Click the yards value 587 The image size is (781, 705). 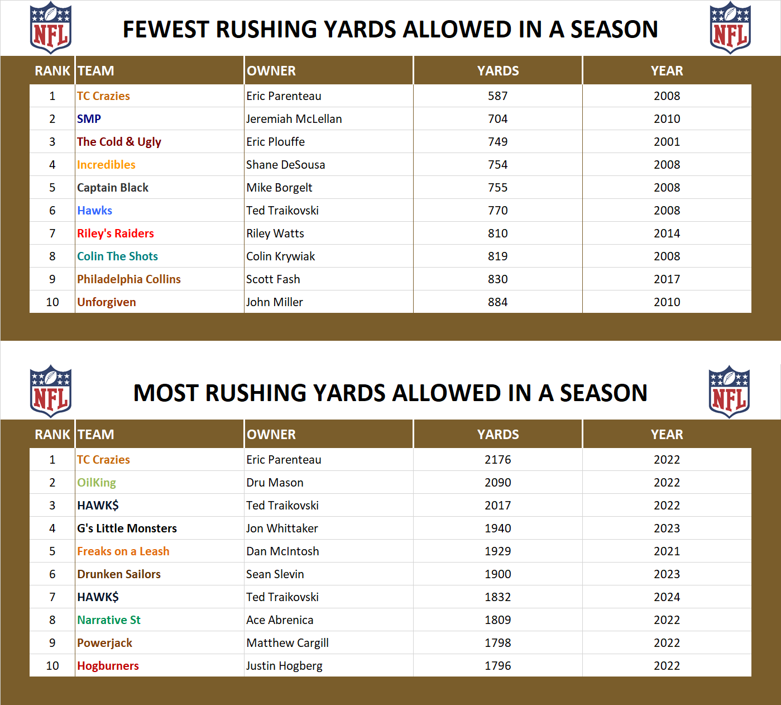497,96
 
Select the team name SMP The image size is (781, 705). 89,119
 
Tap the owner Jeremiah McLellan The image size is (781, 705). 294,119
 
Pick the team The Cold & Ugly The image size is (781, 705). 119,142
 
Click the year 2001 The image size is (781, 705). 667,142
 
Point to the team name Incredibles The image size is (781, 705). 106,165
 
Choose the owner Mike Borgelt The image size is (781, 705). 279,188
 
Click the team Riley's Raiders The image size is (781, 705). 116,234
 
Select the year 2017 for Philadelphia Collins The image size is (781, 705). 667,279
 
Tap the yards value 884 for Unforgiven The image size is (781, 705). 497,302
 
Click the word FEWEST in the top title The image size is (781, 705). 166,30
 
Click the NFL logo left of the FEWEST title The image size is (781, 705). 51,28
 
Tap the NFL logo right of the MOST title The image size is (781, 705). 729,392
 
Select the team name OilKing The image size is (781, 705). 97,483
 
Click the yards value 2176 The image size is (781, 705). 497,460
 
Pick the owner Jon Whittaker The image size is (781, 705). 282,528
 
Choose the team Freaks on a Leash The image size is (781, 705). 123,551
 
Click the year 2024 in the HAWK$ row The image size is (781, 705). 667,597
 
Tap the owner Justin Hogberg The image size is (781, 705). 284,666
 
